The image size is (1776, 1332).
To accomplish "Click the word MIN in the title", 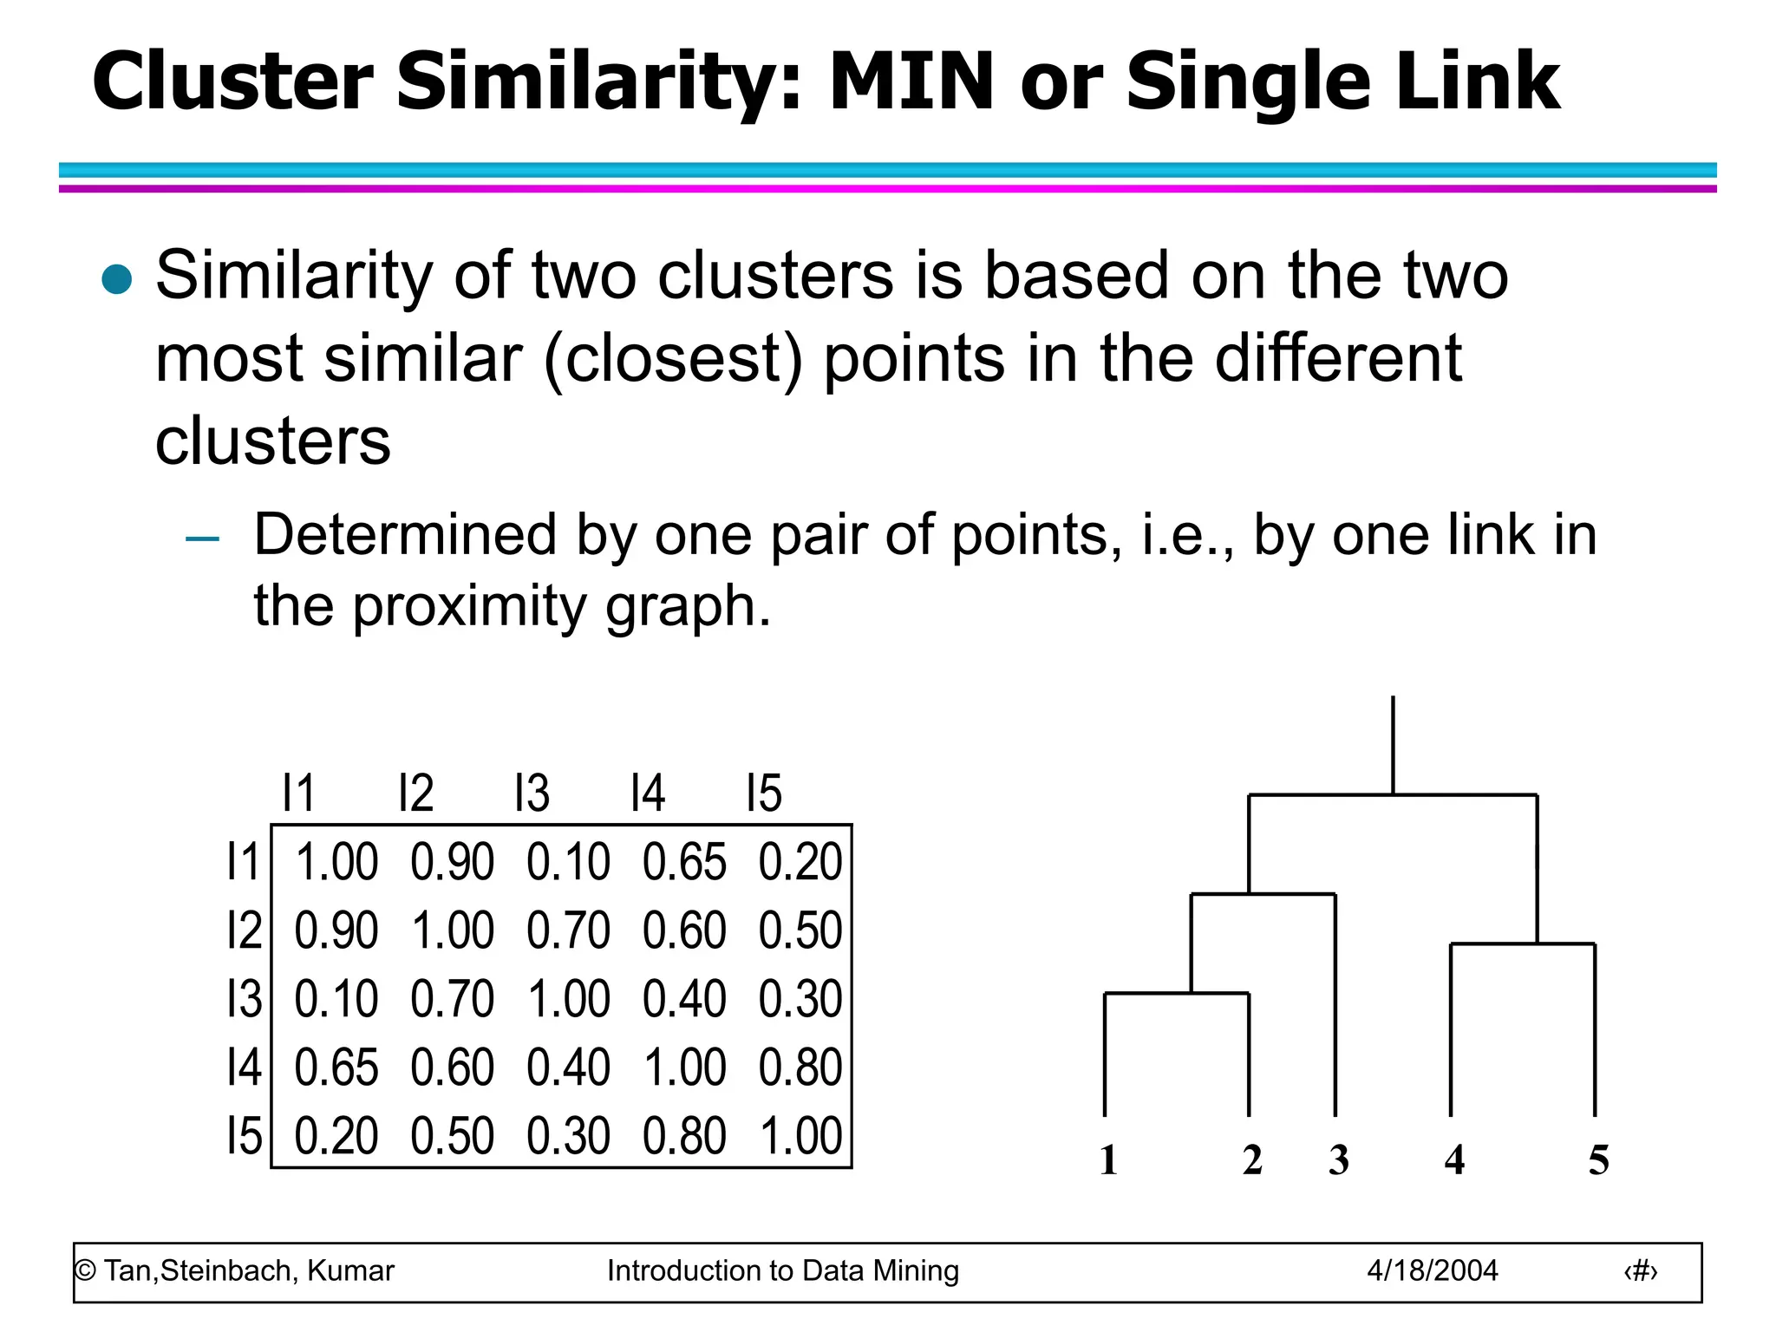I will pyautogui.click(x=911, y=82).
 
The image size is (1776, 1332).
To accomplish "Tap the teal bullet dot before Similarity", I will pyautogui.click(x=116, y=279).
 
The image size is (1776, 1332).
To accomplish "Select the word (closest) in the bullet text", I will pyautogui.click(x=673, y=358).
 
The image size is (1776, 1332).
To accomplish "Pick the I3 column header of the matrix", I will pyautogui.click(x=532, y=793).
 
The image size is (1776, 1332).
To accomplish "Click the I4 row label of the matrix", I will pyautogui.click(x=244, y=1068).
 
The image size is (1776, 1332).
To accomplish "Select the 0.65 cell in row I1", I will pyautogui.click(x=684, y=862).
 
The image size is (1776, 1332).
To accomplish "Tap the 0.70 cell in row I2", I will pyautogui.click(x=568, y=930).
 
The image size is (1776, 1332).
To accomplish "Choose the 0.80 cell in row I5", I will pyautogui.click(x=684, y=1136).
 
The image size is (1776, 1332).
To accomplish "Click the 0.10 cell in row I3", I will pyautogui.click(x=336, y=999).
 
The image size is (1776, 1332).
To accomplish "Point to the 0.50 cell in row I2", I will pyautogui.click(x=800, y=930).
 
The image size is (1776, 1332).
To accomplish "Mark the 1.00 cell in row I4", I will pyautogui.click(x=684, y=1068).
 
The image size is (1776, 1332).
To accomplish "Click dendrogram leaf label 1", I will pyautogui.click(x=1108, y=1160).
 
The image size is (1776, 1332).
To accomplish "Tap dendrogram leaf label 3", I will pyautogui.click(x=1338, y=1160).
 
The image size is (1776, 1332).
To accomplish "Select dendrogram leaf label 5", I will pyautogui.click(x=1598, y=1160).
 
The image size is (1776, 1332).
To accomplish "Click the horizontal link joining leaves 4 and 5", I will pyautogui.click(x=1523, y=943).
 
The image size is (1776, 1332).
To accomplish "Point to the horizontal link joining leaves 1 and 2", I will pyautogui.click(x=1177, y=993).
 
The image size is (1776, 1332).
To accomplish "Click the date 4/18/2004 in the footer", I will pyautogui.click(x=1432, y=1271).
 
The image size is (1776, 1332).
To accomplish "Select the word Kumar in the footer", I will pyautogui.click(x=350, y=1271).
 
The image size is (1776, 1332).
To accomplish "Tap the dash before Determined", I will pyautogui.click(x=202, y=539).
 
